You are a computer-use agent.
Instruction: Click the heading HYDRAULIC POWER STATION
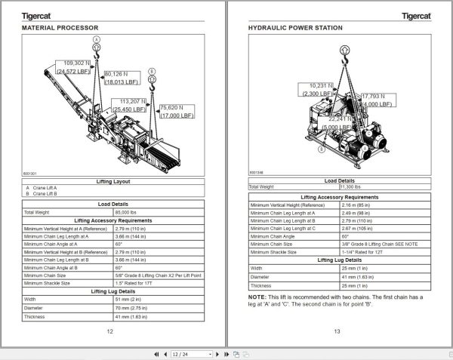click(295, 28)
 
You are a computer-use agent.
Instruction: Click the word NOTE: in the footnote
click(257, 297)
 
